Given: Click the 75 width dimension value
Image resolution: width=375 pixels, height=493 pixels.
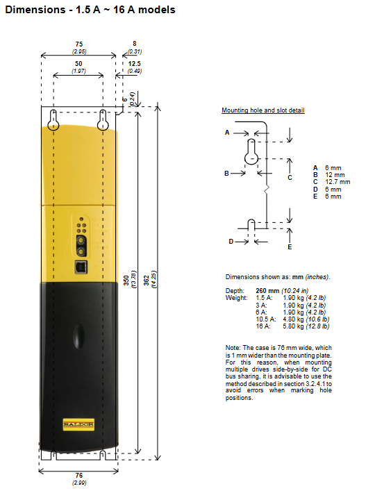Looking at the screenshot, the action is point(79,44).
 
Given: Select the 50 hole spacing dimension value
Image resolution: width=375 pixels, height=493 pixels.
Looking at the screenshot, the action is point(78,63).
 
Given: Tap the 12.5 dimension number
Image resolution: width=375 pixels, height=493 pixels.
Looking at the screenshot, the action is point(134,63).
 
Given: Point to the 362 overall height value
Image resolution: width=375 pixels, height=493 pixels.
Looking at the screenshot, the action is point(147,281).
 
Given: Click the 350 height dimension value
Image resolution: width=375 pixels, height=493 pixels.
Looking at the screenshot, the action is point(126,281).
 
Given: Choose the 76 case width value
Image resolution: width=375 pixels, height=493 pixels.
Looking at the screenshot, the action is point(79,476).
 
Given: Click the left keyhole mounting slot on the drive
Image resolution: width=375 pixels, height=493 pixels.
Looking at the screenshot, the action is point(53,120).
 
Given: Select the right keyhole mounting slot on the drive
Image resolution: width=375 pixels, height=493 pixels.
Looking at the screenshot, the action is point(103,120).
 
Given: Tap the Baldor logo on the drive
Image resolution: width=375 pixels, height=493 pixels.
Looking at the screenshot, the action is point(78,424).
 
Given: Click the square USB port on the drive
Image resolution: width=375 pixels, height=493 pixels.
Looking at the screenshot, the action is point(81,267).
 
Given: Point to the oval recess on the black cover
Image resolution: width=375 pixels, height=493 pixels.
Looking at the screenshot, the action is point(78,337).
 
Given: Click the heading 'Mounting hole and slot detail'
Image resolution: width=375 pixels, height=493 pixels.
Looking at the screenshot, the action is point(263,110).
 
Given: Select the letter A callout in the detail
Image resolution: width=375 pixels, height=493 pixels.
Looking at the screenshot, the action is point(227,133).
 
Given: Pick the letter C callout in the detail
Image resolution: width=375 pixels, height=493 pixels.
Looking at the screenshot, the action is point(290,178).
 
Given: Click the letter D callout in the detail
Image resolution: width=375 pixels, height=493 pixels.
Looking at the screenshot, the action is point(231,242).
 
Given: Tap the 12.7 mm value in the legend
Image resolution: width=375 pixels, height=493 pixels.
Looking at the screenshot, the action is point(337,182).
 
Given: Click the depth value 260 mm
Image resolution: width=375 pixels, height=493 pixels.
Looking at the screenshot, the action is point(267,291).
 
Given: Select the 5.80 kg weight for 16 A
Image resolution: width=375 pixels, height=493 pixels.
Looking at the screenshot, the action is point(293,326).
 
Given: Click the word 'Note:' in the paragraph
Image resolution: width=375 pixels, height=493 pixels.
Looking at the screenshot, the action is point(233,348).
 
